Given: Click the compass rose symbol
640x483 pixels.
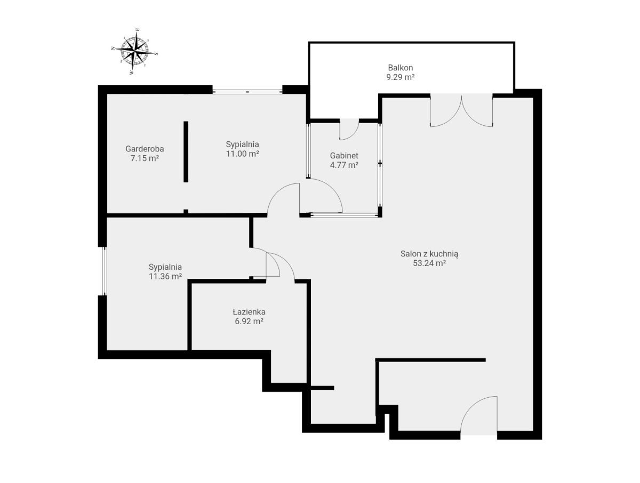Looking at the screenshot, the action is [x=134, y=51].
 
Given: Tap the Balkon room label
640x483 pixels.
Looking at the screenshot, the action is [x=400, y=68].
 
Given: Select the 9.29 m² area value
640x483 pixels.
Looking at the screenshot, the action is [x=400, y=77].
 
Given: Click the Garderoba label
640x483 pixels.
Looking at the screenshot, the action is [x=145, y=149].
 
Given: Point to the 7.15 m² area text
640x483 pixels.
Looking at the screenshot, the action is [x=145, y=158].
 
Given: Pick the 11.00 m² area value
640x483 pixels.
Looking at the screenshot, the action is [x=242, y=154].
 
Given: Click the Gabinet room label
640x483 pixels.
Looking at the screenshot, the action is [x=344, y=156].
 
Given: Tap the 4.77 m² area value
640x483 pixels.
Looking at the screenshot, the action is [x=344, y=165].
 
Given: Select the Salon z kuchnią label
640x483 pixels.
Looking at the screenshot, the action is [x=429, y=254].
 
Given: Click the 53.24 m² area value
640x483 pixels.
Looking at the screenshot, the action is [x=429, y=263].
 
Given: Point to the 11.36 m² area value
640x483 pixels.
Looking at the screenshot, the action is [x=165, y=277].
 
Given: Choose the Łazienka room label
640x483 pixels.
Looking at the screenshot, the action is [x=249, y=312].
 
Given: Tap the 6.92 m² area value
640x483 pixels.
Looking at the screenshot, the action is [x=249, y=321].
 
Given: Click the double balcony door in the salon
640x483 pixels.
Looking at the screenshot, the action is [x=461, y=110].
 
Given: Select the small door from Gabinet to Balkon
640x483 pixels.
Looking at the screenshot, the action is [x=349, y=129].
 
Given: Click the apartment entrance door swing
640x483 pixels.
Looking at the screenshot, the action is [x=478, y=416].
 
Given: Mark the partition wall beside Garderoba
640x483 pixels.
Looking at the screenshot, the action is [x=186, y=152].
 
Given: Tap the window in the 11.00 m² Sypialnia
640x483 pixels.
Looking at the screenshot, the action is [x=247, y=92].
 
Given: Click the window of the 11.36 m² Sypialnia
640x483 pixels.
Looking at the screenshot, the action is [x=104, y=271].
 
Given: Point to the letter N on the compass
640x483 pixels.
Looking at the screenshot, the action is [x=113, y=49].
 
